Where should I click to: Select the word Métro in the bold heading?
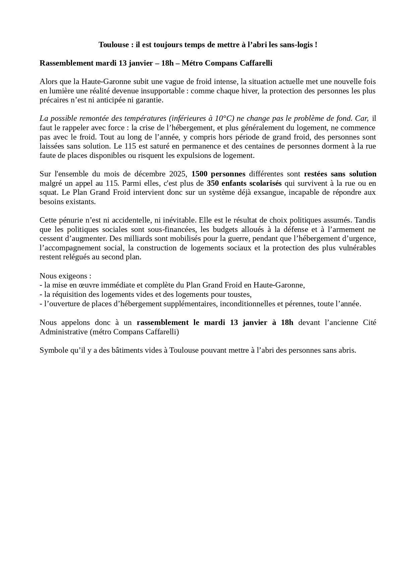[x=192, y=63]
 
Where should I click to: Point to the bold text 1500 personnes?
[x=218, y=174]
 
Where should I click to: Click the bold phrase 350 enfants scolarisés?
[x=244, y=183]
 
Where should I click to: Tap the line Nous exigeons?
[x=65, y=276]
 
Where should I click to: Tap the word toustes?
[x=240, y=295]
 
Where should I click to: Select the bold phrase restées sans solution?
[x=340, y=174]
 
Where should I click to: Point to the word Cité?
[x=369, y=323]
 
